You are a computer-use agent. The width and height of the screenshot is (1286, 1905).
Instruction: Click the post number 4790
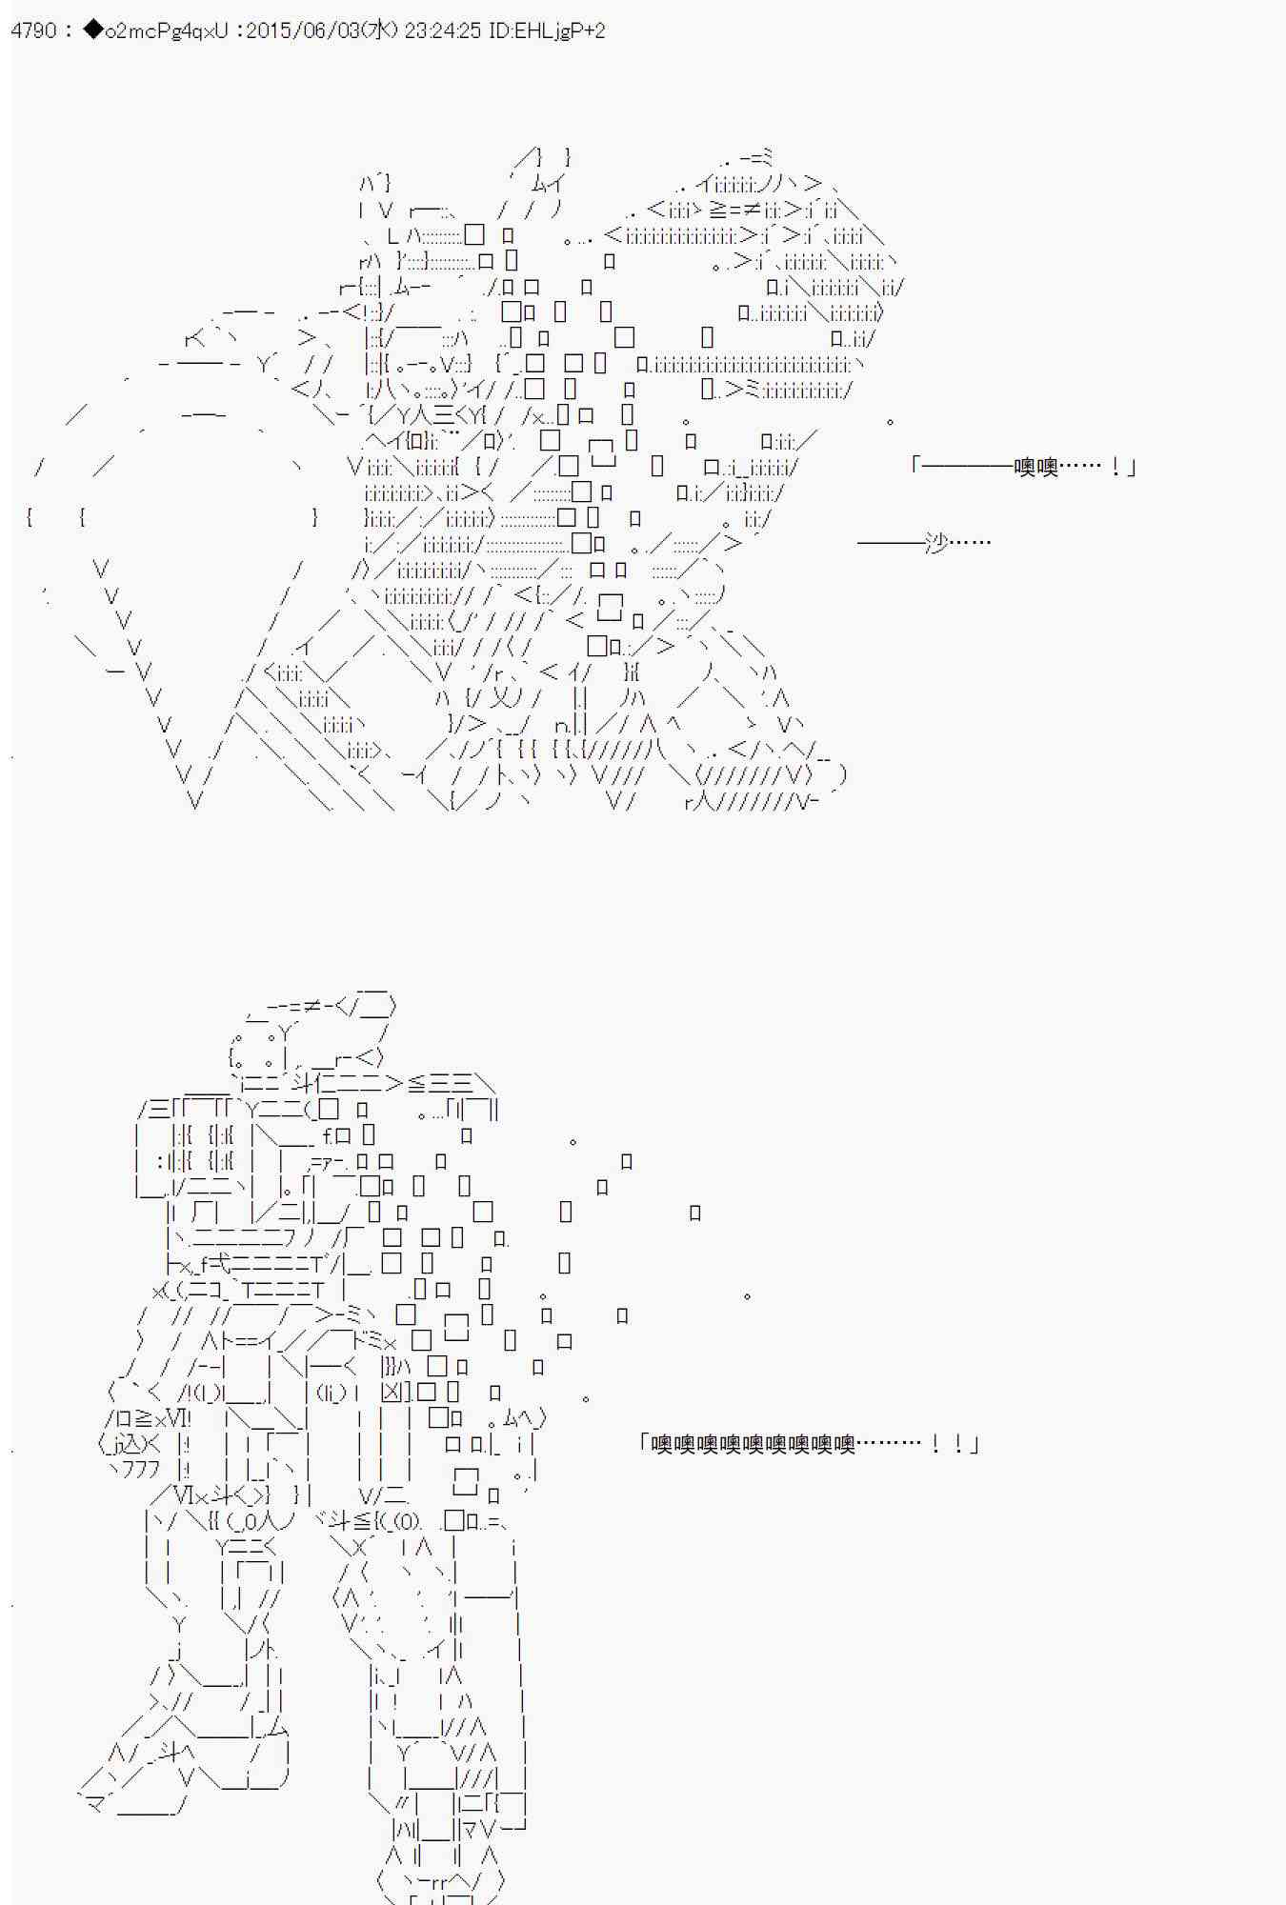click(33, 30)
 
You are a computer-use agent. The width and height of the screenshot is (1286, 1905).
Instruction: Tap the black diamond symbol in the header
click(92, 30)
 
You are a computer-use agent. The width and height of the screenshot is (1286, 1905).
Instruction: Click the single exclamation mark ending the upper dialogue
click(1115, 467)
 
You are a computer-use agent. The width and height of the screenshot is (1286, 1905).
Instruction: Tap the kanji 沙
click(936, 542)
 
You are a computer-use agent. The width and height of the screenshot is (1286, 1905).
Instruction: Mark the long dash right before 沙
click(891, 542)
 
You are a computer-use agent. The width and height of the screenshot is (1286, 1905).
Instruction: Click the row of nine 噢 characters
click(753, 1444)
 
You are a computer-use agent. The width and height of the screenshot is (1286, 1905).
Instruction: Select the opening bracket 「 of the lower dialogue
click(644, 1444)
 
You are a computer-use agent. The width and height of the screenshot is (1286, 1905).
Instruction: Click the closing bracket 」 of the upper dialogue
click(1131, 467)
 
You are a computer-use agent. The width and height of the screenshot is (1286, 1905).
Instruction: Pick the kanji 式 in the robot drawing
click(217, 1264)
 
